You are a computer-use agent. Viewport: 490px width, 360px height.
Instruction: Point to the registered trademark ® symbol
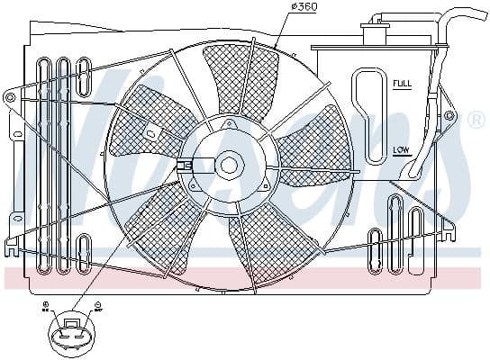475,119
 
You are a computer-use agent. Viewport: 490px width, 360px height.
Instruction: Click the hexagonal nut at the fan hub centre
229,165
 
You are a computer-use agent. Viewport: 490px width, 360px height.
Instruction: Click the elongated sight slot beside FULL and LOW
369,118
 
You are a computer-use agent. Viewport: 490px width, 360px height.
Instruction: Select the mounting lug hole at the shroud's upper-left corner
10,96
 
